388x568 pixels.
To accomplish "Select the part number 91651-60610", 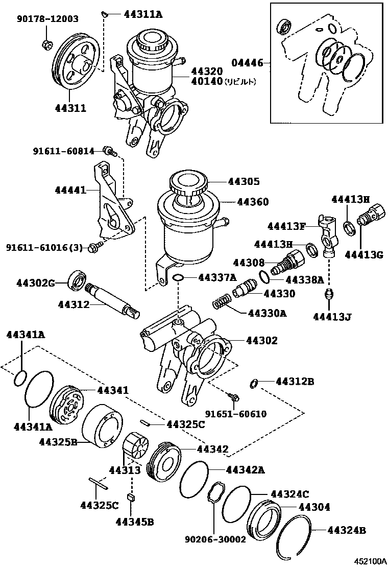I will [236, 413].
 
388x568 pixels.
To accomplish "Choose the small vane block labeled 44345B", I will [131, 498].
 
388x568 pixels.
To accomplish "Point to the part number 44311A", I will [143, 14].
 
